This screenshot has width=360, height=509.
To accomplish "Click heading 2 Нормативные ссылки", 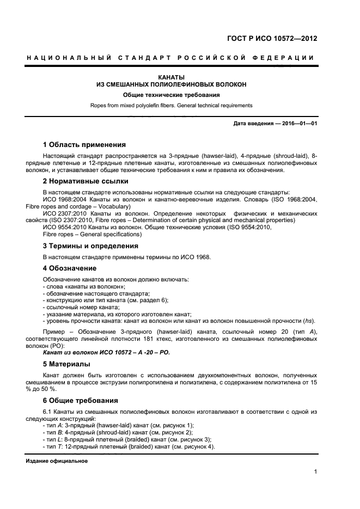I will [86, 181].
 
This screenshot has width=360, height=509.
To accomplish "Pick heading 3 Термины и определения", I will [90, 246].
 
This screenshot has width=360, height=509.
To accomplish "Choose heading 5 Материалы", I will [67, 364].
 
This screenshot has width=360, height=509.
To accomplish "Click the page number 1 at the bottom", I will [316, 472].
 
